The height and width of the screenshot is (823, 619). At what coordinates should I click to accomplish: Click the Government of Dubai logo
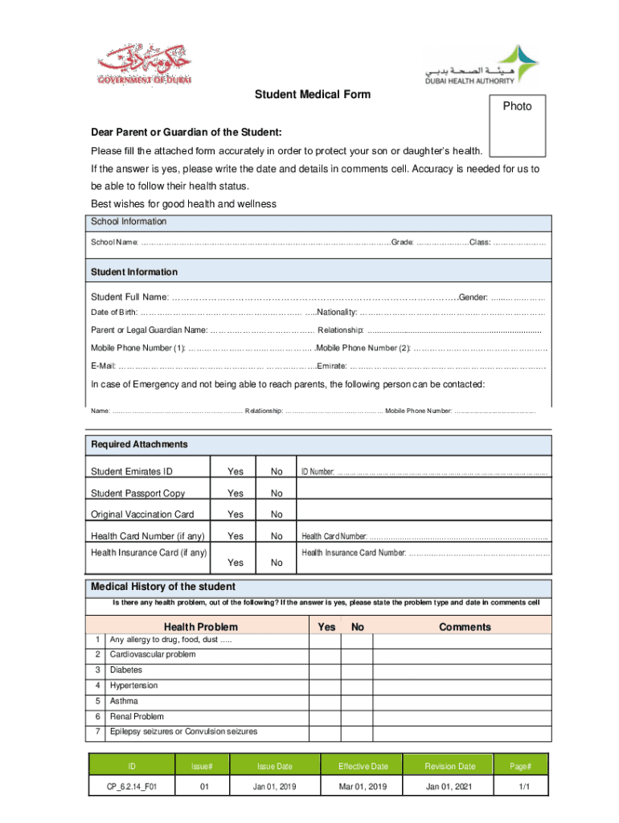[x=145, y=64]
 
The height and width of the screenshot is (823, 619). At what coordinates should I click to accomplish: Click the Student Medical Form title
[x=313, y=95]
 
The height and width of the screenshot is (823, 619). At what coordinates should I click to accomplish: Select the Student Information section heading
[x=134, y=272]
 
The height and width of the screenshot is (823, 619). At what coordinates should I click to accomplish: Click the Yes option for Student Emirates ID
[x=236, y=471]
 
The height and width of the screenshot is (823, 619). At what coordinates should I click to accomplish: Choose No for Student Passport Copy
[x=277, y=493]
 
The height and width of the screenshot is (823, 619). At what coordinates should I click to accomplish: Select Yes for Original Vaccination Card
[x=236, y=514]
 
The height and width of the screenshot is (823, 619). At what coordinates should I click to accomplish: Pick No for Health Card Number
[x=277, y=536]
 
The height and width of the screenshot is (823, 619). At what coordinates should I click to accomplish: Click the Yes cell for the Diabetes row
[x=327, y=669]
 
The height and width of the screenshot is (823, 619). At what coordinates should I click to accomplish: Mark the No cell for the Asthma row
[x=358, y=701]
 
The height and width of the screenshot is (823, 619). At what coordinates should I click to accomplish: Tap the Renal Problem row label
[x=137, y=716]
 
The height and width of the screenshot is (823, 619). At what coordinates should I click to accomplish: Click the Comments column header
[x=464, y=627]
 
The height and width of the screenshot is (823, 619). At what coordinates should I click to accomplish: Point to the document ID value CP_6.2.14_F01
[x=132, y=786]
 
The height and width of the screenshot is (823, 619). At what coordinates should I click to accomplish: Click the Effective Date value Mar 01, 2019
[x=363, y=786]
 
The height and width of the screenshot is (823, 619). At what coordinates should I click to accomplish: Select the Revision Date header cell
[x=450, y=766]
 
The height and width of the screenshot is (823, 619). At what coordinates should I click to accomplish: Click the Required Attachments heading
[x=139, y=444]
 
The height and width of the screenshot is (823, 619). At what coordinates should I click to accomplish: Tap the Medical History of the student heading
[x=163, y=587]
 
